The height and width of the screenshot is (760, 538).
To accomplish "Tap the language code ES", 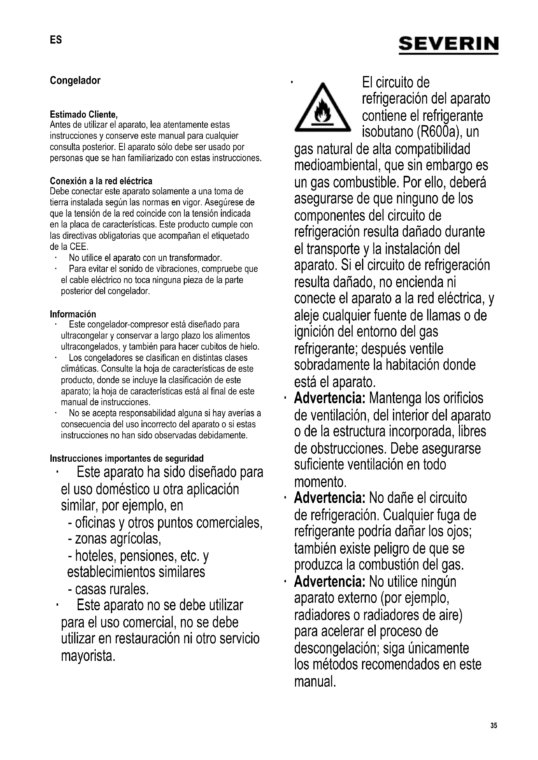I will coord(56,40).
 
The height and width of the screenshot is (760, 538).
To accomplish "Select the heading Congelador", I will coord(75,81).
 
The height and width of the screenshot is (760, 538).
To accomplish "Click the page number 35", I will coord(494,726).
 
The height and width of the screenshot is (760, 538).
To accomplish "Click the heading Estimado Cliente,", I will coord(84,114).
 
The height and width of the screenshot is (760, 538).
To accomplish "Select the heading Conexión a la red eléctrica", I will coord(101,181).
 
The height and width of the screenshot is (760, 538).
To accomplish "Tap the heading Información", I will coord(73,314).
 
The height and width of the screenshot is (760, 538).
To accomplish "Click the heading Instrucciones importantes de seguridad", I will coord(127,458).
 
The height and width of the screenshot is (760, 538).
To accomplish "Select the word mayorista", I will coord(88,656).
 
